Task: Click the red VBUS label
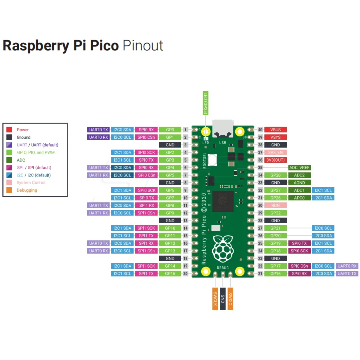coord(276,130)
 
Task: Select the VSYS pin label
coord(276,137)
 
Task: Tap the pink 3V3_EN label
coord(276,152)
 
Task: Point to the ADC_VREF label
coord(299,168)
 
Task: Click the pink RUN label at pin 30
coord(276,205)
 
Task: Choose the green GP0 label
coord(170,130)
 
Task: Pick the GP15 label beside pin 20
coord(170,274)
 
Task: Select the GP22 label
coord(276,213)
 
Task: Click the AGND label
coord(299,183)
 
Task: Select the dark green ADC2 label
coord(299,175)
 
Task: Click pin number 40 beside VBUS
coord(260,130)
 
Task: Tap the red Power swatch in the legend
coord(9,130)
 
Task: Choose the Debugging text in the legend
coord(27,190)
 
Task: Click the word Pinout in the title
coord(143,45)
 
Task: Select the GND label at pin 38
coord(276,145)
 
